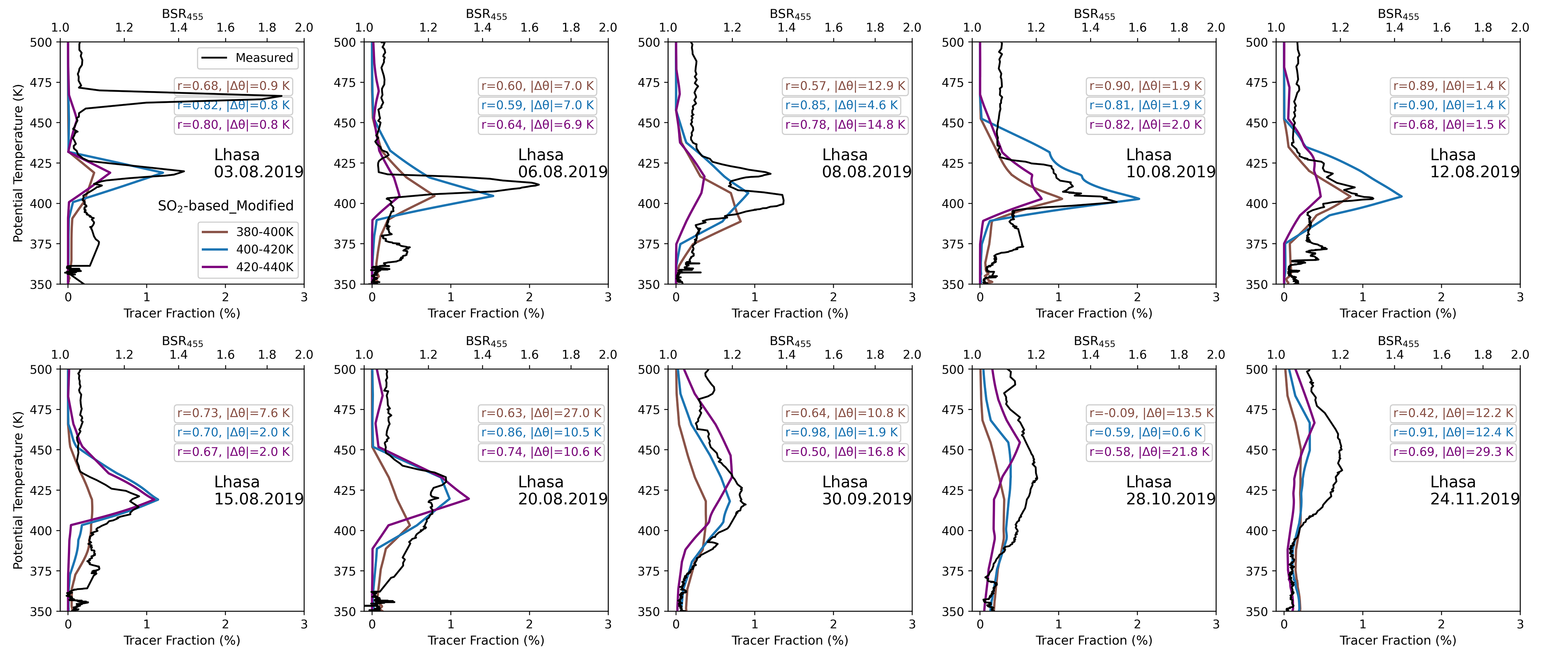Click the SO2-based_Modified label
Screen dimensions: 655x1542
coord(226,206)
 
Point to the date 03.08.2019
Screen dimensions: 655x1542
coord(259,172)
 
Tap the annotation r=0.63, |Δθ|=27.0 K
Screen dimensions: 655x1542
coord(541,413)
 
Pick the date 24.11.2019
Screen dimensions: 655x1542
coord(1475,499)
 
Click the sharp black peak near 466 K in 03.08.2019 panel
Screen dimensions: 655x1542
coord(281,96)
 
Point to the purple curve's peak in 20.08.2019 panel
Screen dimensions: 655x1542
coord(468,498)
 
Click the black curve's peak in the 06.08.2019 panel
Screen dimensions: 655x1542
coord(539,184)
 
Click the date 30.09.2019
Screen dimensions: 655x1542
coord(866,499)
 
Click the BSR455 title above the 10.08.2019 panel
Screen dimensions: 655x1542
coord(1094,14)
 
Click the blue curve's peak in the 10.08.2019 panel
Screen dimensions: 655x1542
coord(1139,199)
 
